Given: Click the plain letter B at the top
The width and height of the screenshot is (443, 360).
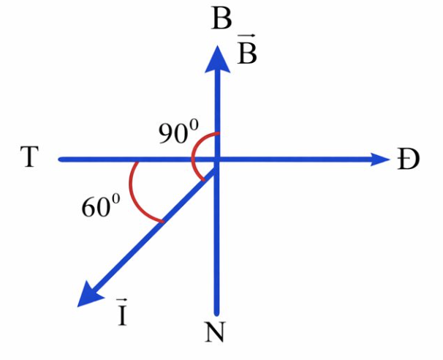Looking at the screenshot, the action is coord(221,19).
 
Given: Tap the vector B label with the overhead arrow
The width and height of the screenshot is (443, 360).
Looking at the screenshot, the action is coord(246,49).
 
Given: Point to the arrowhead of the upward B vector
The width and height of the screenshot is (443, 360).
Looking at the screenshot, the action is coord(217,59).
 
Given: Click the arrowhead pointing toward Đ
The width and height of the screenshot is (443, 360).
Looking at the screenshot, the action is coord(380,160).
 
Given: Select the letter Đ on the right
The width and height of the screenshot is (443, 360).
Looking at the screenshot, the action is coord(408,160).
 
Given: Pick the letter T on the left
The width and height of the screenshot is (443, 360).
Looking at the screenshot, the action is coord(29,157).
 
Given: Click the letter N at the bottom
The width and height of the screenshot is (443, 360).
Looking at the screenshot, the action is coord(215,332).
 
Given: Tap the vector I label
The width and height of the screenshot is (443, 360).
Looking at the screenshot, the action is coord(122,312).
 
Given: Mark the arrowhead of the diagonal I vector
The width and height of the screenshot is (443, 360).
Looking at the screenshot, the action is coord(91,294).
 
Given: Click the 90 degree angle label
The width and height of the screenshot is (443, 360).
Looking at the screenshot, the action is coord(178,132).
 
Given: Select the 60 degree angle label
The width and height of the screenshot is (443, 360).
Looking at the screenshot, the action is coord(101,205).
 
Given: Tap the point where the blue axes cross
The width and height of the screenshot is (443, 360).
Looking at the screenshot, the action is coord(217,160).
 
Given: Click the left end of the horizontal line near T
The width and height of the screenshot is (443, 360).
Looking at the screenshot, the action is coord(60,160).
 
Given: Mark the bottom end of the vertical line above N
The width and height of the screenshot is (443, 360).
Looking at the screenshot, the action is coord(216,313).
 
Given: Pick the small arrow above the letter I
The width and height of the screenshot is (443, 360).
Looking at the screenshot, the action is coord(122,300).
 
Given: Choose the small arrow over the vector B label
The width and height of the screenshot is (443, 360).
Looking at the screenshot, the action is coord(246,35).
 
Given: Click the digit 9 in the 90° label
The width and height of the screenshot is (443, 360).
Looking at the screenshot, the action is coord(167,135).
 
